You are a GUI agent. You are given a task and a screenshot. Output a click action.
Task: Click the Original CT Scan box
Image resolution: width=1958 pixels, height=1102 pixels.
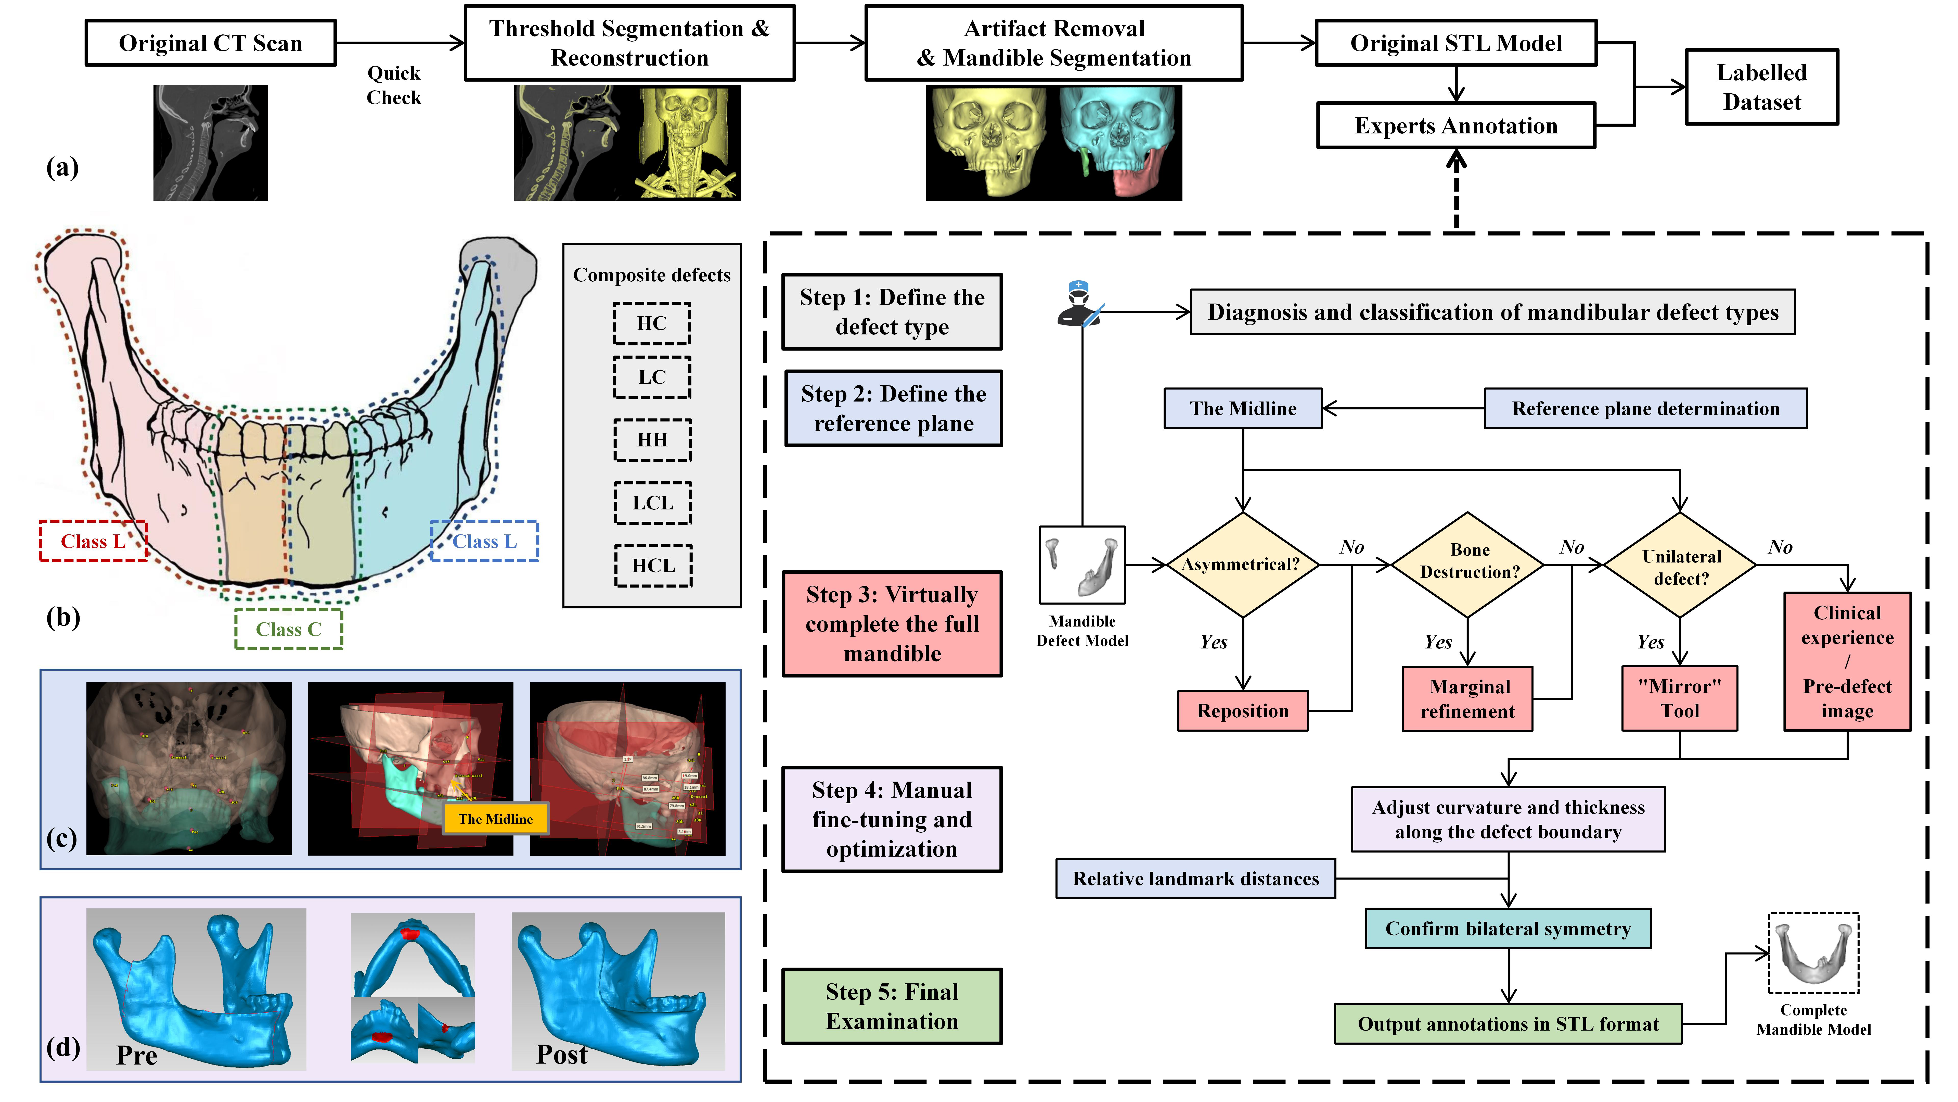tap(211, 43)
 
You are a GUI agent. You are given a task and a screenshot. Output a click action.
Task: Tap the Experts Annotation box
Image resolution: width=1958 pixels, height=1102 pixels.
tap(1455, 126)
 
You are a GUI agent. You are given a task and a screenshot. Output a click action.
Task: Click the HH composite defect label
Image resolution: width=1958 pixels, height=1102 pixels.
tap(652, 440)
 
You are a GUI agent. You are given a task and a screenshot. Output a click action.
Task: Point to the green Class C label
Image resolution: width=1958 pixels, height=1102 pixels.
tap(288, 629)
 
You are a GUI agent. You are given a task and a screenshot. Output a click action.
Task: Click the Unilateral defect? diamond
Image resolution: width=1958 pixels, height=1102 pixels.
tap(1680, 566)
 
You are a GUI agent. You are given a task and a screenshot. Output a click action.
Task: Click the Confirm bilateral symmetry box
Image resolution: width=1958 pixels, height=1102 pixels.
tap(1508, 929)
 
